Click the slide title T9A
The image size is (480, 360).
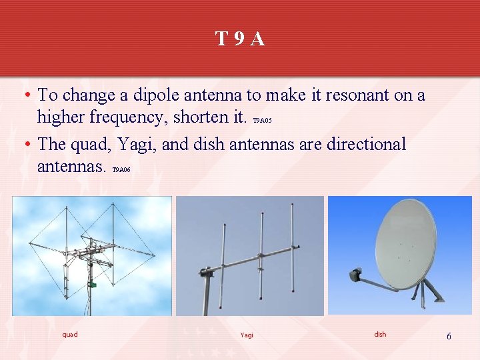[240, 39]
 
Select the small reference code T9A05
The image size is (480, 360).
[263, 121]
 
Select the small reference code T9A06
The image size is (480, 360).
[121, 170]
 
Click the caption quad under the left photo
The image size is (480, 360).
[70, 335]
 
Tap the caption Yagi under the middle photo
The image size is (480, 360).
[247, 335]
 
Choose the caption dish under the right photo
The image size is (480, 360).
[380, 335]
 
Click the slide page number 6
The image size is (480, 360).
[449, 337]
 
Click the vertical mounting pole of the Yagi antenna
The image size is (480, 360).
[207, 293]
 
